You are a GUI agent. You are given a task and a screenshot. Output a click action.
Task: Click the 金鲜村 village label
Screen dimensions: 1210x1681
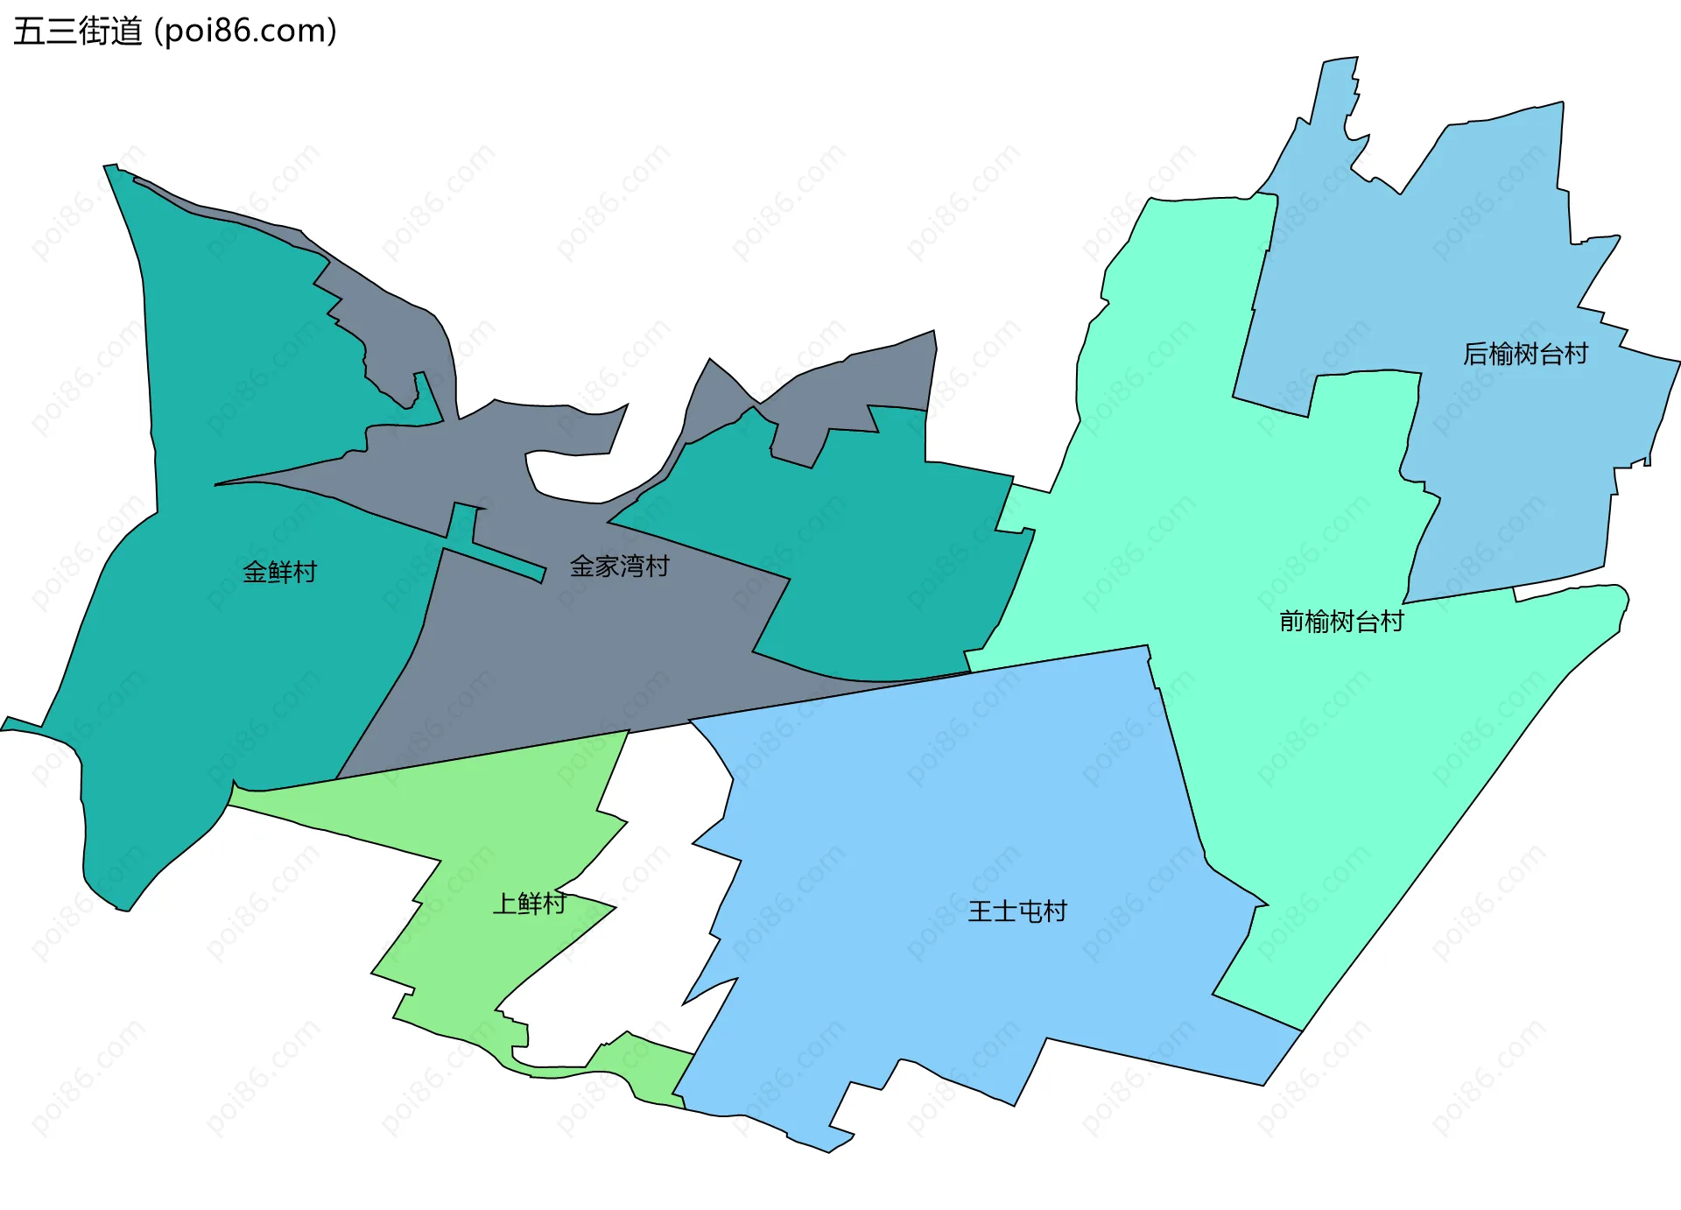[x=279, y=572]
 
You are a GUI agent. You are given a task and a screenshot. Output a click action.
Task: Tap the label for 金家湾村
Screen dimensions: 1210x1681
[x=619, y=566]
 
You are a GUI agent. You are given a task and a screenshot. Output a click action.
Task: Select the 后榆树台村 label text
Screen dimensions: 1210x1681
[x=1525, y=354]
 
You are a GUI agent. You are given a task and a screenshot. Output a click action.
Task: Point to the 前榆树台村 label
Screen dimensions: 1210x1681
[x=1341, y=622]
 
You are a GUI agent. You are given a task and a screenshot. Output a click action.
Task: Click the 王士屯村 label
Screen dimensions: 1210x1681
[x=1017, y=911]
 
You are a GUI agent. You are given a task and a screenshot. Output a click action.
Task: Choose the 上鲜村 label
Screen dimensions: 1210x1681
[x=529, y=903]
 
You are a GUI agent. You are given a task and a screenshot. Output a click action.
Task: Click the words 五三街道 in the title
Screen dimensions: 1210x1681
[x=77, y=32]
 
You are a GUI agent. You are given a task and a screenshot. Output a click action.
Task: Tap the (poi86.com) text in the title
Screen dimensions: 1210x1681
[x=245, y=32]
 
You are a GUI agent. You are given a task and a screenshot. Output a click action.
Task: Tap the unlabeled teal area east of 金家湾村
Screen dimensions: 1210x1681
[x=876, y=569]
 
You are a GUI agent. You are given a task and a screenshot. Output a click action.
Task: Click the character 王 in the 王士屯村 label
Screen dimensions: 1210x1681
[x=980, y=911]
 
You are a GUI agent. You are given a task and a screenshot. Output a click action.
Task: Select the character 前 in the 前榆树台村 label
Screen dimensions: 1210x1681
[x=1291, y=622]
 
